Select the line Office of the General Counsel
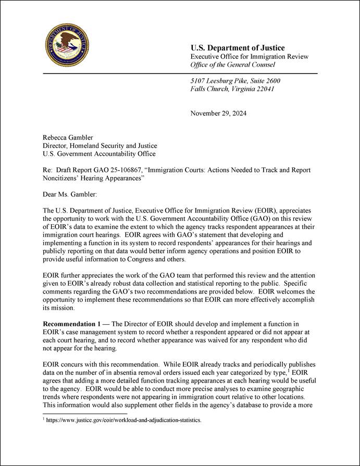click(x=232, y=65)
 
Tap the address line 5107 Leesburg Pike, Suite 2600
click(x=235, y=81)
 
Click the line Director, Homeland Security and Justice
click(x=100, y=146)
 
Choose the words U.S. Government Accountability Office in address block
click(x=99, y=154)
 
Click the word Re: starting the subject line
click(x=48, y=170)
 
